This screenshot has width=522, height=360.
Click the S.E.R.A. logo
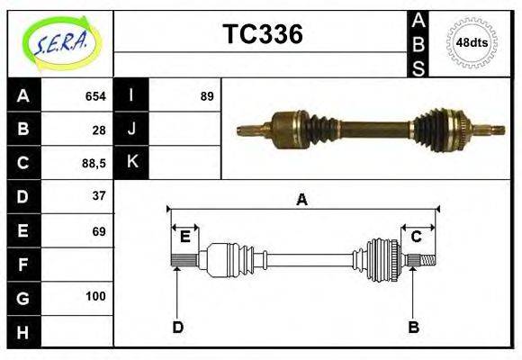pyautogui.click(x=59, y=43)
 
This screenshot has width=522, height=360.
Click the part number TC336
pyautogui.click(x=262, y=34)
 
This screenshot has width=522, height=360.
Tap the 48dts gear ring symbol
pyautogui.click(x=472, y=42)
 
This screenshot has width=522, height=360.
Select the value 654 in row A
pyautogui.click(x=95, y=96)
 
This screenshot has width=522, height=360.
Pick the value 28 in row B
pyautogui.click(x=99, y=130)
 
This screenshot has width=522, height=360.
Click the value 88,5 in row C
pyautogui.click(x=94, y=163)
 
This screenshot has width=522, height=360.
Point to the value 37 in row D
pyautogui.click(x=99, y=196)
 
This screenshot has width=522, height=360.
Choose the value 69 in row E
pyautogui.click(x=99, y=231)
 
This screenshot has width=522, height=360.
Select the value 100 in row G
pyautogui.click(x=95, y=296)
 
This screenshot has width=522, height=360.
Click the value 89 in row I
pyautogui.click(x=207, y=96)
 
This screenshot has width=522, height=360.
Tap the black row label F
pyautogui.click(x=23, y=265)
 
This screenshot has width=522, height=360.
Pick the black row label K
pyautogui.click(x=131, y=163)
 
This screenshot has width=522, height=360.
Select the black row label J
pyautogui.click(x=131, y=130)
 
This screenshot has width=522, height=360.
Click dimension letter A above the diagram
pyautogui.click(x=301, y=200)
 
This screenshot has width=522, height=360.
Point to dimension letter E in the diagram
pyautogui.click(x=184, y=237)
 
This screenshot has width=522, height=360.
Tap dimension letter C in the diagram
pyautogui.click(x=417, y=237)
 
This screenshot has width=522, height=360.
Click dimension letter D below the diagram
pyautogui.click(x=177, y=327)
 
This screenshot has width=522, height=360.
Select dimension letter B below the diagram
pyautogui.click(x=413, y=327)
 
